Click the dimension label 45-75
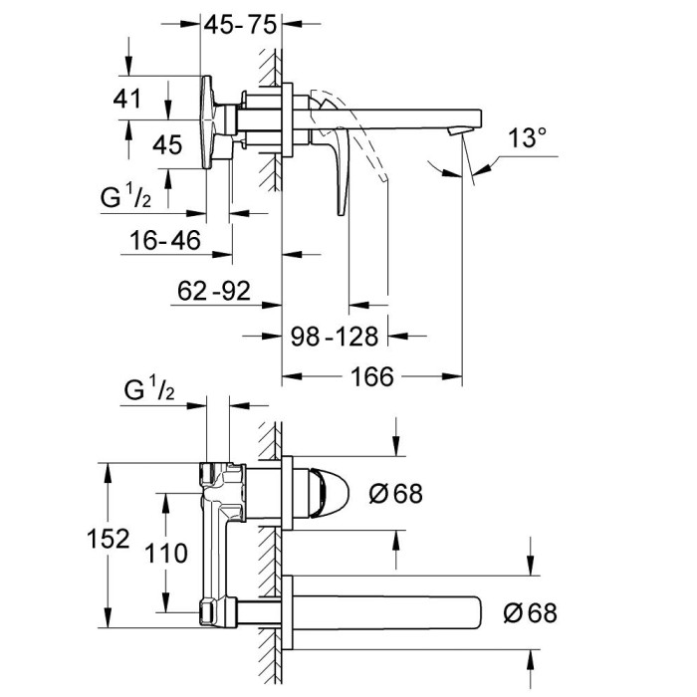[x=239, y=28]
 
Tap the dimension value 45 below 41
[x=167, y=145]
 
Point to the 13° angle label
[x=528, y=138]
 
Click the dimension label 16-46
[x=164, y=240]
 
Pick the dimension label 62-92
[x=215, y=291]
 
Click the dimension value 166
[x=372, y=376]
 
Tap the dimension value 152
[x=110, y=539]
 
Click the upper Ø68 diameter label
[x=395, y=492]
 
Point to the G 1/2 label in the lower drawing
[x=149, y=389]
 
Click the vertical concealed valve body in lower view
[x=215, y=538]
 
